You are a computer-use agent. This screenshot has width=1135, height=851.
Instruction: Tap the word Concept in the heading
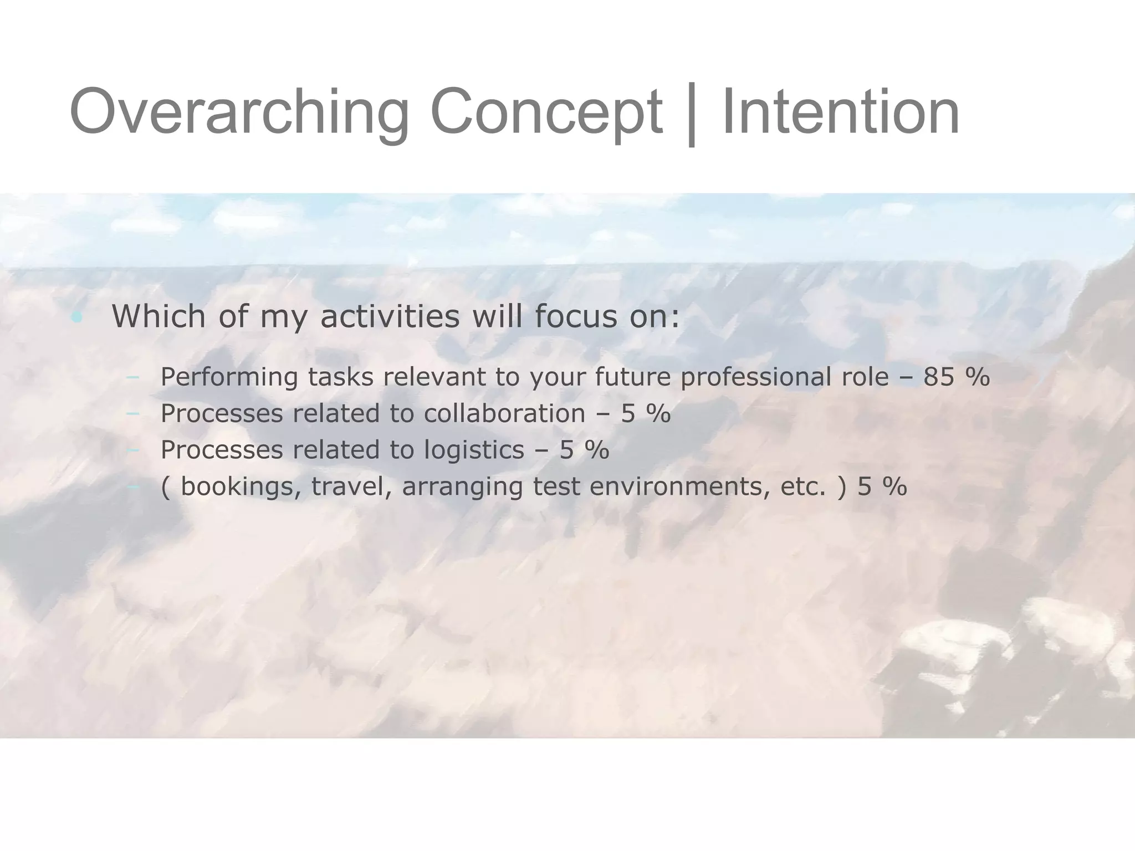[x=546, y=112]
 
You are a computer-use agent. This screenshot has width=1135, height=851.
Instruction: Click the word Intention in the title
[x=840, y=112]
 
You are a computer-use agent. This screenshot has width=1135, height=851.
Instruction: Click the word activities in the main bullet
[x=390, y=316]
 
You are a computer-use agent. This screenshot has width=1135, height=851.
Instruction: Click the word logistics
[x=474, y=450]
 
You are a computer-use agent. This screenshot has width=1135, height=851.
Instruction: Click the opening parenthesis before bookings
[x=165, y=487]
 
